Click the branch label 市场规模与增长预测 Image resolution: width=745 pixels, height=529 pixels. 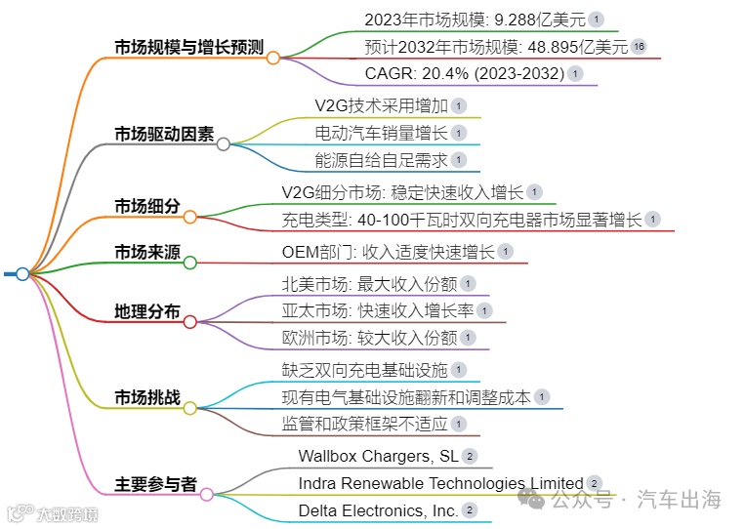pos(189,46)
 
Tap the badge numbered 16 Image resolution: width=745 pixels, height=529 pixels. pos(639,46)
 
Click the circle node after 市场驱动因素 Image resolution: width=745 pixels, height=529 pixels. pos(224,144)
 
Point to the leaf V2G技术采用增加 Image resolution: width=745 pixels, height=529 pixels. pos(381,105)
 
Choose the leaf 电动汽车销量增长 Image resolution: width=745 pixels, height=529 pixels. pos(381,133)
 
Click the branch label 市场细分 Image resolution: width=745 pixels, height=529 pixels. pos(147,206)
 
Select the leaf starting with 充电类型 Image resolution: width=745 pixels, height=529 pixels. pos(462,220)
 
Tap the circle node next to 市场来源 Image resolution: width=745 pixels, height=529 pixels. pos(189,262)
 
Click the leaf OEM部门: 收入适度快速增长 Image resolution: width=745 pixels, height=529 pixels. pos(388,252)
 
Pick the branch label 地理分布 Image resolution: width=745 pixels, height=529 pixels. pos(147,312)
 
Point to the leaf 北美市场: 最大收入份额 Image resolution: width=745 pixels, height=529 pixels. pos(368,284)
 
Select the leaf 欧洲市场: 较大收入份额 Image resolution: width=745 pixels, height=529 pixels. pos(368,338)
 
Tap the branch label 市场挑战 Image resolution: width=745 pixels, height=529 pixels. pos(147,397)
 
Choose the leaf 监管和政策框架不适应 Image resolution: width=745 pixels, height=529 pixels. pos(363,424)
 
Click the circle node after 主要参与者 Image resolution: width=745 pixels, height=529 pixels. pos(207,495)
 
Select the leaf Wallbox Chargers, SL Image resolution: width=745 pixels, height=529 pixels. pos(378,456)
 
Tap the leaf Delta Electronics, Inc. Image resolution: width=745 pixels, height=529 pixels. pos(378,510)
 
